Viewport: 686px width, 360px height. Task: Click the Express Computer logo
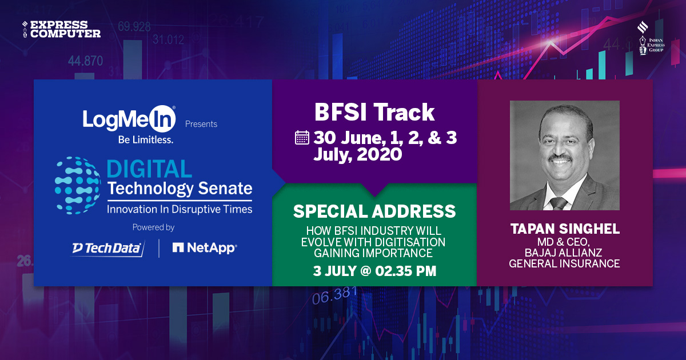(62, 29)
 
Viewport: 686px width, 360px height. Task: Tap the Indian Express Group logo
(650, 39)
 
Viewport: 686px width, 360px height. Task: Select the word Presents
(201, 123)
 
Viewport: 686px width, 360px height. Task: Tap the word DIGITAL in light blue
(149, 170)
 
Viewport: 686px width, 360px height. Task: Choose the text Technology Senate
(180, 188)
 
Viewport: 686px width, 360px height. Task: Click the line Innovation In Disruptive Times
(180, 209)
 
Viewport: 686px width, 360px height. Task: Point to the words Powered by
(153, 227)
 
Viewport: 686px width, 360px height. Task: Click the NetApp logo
(205, 248)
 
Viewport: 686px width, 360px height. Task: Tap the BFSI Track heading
(374, 113)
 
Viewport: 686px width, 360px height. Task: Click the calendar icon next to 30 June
(302, 138)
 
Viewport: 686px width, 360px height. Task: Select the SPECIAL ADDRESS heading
(374, 211)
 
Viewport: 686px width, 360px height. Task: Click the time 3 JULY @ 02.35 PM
(374, 271)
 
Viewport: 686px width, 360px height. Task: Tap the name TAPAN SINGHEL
(564, 230)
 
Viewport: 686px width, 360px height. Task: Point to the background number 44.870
(85, 61)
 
